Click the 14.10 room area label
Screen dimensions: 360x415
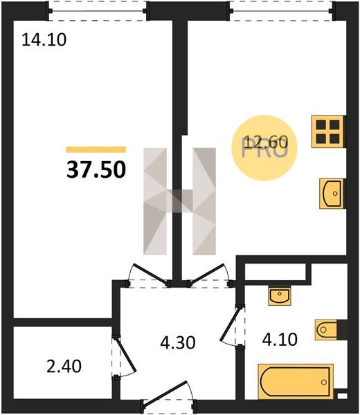44,40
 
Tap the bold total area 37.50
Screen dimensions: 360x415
96,169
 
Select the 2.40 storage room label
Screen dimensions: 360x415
64,367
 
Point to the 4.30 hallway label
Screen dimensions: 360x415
178,342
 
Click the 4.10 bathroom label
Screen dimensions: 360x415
280,340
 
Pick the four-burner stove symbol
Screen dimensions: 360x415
327,131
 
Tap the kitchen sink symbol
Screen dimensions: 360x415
332,194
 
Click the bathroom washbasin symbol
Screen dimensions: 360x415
280,295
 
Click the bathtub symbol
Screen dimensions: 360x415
296,382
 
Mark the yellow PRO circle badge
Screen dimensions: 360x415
264,148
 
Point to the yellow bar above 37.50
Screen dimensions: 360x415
96,149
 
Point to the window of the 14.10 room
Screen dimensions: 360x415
97,11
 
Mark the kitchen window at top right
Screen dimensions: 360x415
282,11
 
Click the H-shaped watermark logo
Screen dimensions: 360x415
179,201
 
